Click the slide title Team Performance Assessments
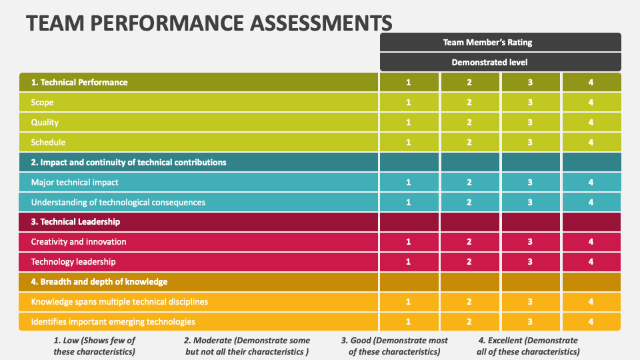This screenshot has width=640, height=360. (x=209, y=22)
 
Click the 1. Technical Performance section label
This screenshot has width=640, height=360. (x=79, y=82)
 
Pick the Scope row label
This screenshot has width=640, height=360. (x=42, y=102)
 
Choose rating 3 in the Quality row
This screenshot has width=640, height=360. (x=530, y=122)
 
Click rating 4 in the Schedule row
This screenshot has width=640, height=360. (x=591, y=142)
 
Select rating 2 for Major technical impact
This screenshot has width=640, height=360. (x=469, y=182)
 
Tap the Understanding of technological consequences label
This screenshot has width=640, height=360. (x=118, y=202)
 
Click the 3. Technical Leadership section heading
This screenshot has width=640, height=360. (x=75, y=221)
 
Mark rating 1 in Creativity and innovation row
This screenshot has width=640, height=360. (x=409, y=241)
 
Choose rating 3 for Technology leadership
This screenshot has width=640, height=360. (x=530, y=261)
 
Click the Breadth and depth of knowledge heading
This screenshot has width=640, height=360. (x=99, y=281)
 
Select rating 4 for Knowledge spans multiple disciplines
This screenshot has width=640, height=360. (x=591, y=301)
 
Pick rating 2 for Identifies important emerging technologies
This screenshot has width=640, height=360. (x=469, y=321)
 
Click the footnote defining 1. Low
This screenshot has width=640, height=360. (x=94, y=346)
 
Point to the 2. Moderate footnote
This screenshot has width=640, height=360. (x=247, y=346)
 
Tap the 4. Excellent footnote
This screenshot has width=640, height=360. (x=529, y=346)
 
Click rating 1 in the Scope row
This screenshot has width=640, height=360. (x=409, y=102)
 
